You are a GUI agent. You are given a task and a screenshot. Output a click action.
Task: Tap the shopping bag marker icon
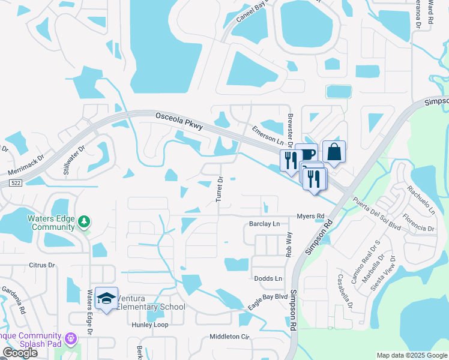(334, 152)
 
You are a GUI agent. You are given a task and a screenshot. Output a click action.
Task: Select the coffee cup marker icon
(307, 155)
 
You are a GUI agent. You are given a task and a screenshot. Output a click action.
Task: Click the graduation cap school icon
(106, 298)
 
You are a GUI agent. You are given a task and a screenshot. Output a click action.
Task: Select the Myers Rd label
(311, 216)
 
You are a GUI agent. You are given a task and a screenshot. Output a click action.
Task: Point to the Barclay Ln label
(264, 224)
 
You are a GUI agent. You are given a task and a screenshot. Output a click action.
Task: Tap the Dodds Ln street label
(268, 279)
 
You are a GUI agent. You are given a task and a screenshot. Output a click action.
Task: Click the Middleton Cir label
(229, 337)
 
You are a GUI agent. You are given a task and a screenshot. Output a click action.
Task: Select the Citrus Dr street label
(42, 265)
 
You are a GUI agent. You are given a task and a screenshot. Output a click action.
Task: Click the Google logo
(20, 353)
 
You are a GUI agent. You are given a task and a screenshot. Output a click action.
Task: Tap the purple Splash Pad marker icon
(71, 339)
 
